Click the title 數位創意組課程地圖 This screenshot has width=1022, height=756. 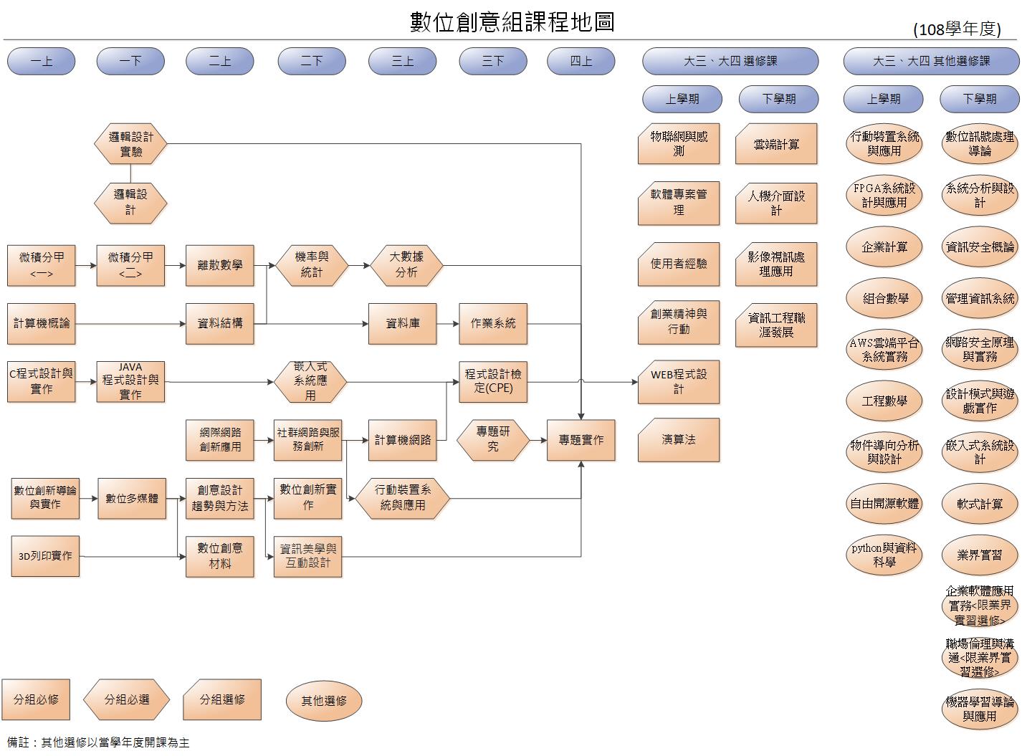pyautogui.click(x=512, y=21)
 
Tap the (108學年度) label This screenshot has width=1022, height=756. pyautogui.click(x=957, y=29)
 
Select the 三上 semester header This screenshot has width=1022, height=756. pyautogui.click(x=402, y=62)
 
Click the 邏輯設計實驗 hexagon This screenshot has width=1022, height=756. pyautogui.click(x=130, y=144)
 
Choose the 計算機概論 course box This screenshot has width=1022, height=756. pyautogui.click(x=42, y=323)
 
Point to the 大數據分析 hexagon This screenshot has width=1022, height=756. pyautogui.click(x=406, y=265)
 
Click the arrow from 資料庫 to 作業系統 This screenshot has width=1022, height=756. pyautogui.click(x=448, y=323)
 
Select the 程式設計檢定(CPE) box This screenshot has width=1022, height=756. pyautogui.click(x=493, y=382)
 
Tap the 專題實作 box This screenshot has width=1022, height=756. pyautogui.click(x=581, y=440)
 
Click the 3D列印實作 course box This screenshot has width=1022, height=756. pyautogui.click(x=45, y=556)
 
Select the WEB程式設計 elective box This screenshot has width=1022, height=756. pyautogui.click(x=678, y=382)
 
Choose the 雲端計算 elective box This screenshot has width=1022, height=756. pyautogui.click(x=775, y=144)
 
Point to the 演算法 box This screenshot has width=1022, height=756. pyautogui.click(x=678, y=440)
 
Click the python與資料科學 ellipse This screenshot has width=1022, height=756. pyautogui.click(x=884, y=555)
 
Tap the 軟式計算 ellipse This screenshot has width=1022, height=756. pyautogui.click(x=980, y=504)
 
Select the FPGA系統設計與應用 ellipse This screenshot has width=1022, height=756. pyautogui.click(x=884, y=195)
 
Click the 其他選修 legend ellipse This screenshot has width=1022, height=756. pyautogui.click(x=324, y=701)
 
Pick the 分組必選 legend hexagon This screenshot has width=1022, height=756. pyautogui.click(x=127, y=699)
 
